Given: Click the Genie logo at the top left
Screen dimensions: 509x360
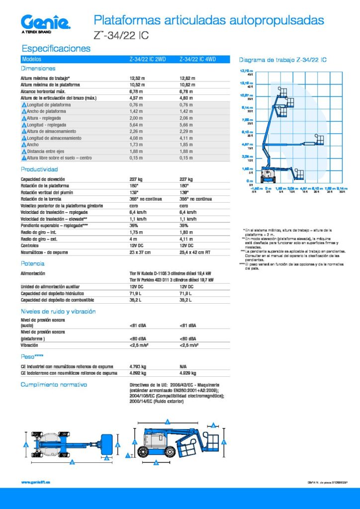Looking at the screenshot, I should [x=46, y=22].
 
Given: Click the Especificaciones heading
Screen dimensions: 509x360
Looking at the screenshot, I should [x=55, y=48].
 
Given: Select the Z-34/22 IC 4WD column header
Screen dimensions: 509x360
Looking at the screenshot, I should [x=197, y=60].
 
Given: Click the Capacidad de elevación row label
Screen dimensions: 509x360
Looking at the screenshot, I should [x=42, y=179].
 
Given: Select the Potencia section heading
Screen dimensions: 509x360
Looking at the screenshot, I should [x=32, y=263].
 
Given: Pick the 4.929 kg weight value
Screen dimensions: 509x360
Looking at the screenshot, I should [x=187, y=373].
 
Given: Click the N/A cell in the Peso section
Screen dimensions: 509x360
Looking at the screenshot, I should [x=183, y=366].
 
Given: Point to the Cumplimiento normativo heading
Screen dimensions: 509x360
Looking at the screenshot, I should [x=53, y=385].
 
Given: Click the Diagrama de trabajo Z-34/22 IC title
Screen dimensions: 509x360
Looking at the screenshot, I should [x=282, y=60].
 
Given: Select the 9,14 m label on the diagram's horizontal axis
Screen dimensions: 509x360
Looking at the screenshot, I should [x=342, y=189].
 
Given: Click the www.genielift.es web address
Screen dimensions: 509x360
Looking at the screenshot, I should [x=36, y=482].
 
